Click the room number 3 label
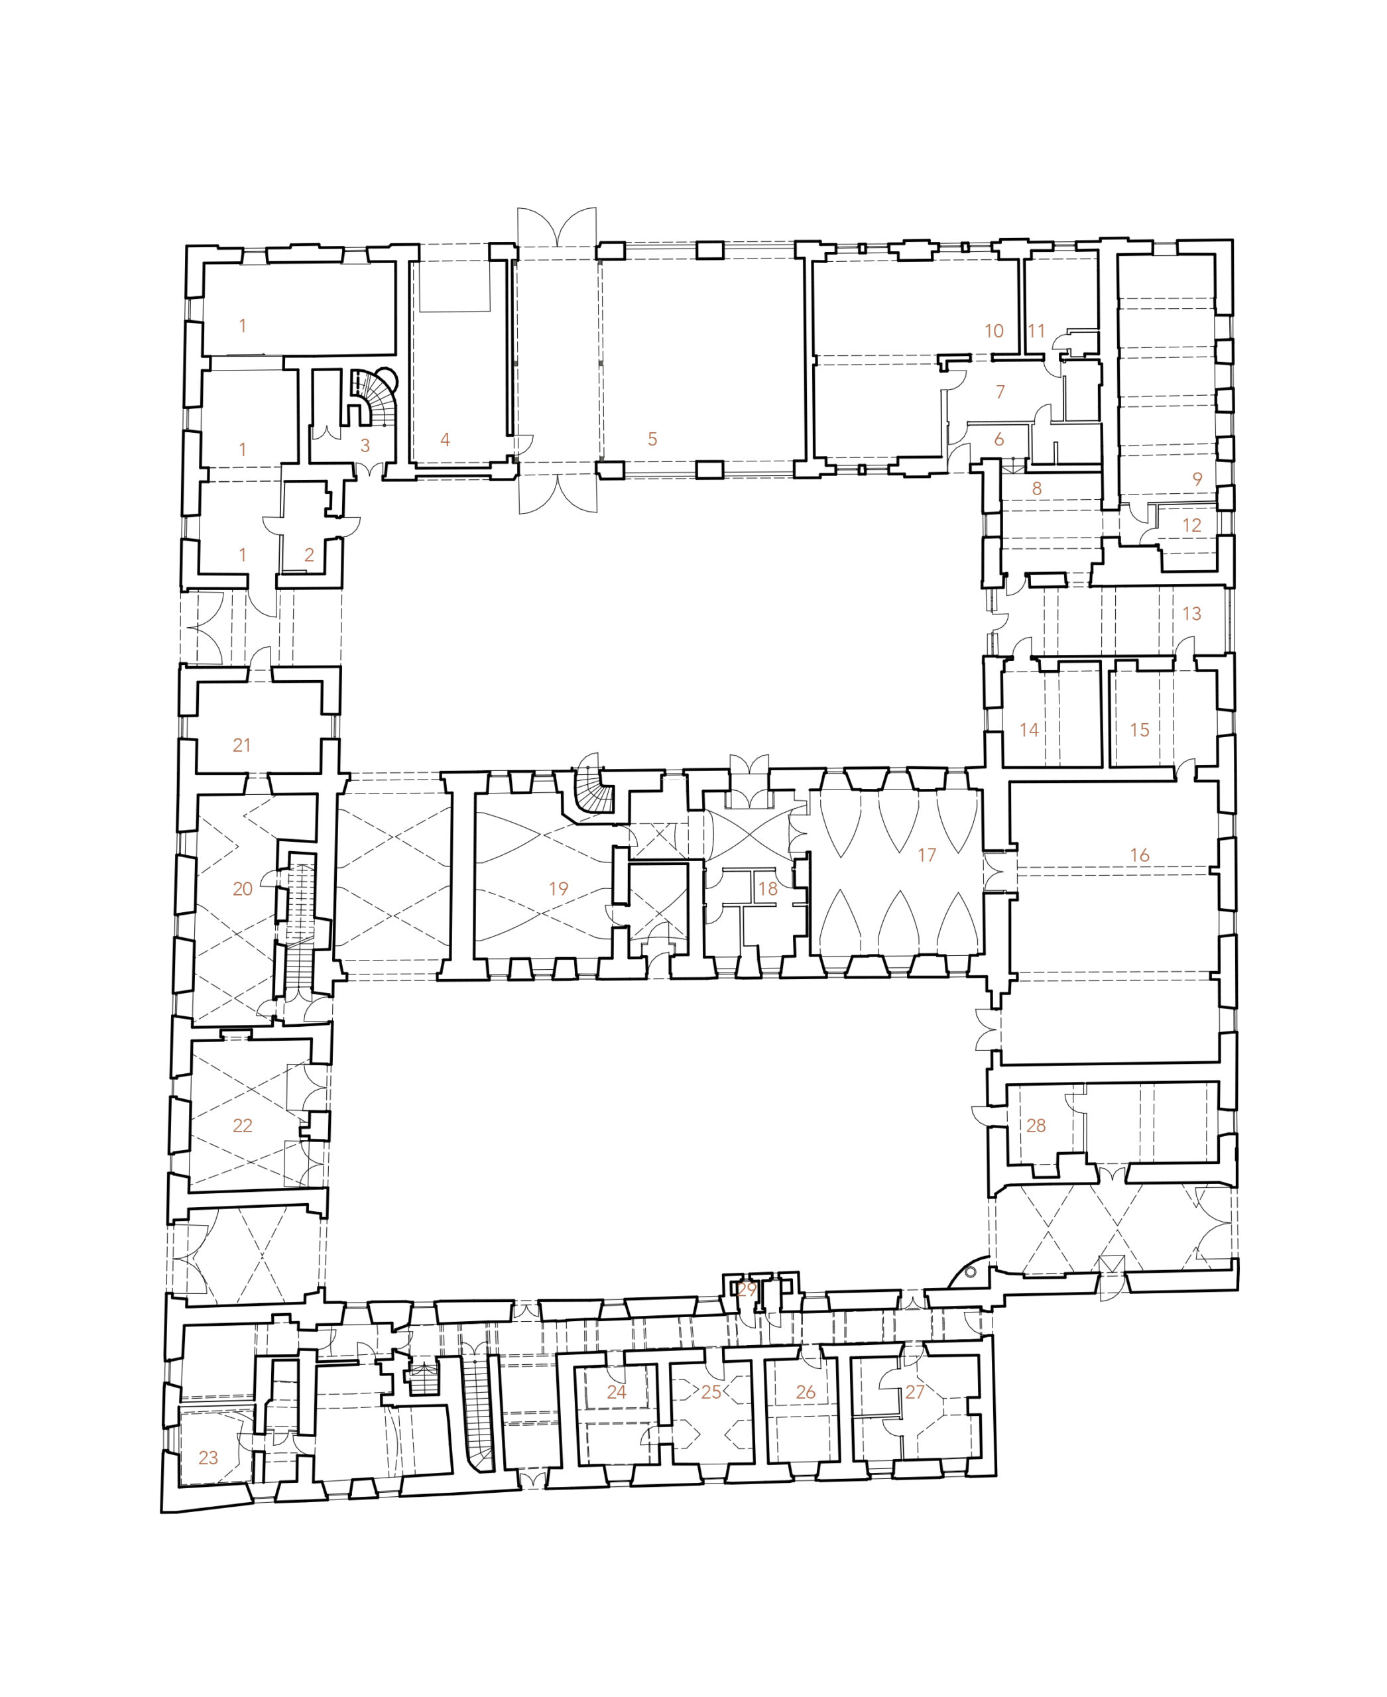[x=365, y=446]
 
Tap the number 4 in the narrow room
[x=445, y=439]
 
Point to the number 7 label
[x=1000, y=392]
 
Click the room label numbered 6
[x=998, y=439]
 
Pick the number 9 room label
[x=1197, y=479]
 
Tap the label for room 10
[x=994, y=331]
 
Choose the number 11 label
[x=1036, y=331]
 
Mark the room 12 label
[x=1191, y=525]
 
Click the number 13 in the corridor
[x=1191, y=614]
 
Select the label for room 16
[x=1139, y=855]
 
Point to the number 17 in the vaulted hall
[x=926, y=855]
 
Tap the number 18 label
[x=767, y=888]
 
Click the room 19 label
[x=558, y=888]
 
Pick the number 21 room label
[x=241, y=746]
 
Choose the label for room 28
[x=1036, y=1126]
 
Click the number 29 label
[x=747, y=1289]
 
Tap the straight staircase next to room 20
[x=300, y=927]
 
